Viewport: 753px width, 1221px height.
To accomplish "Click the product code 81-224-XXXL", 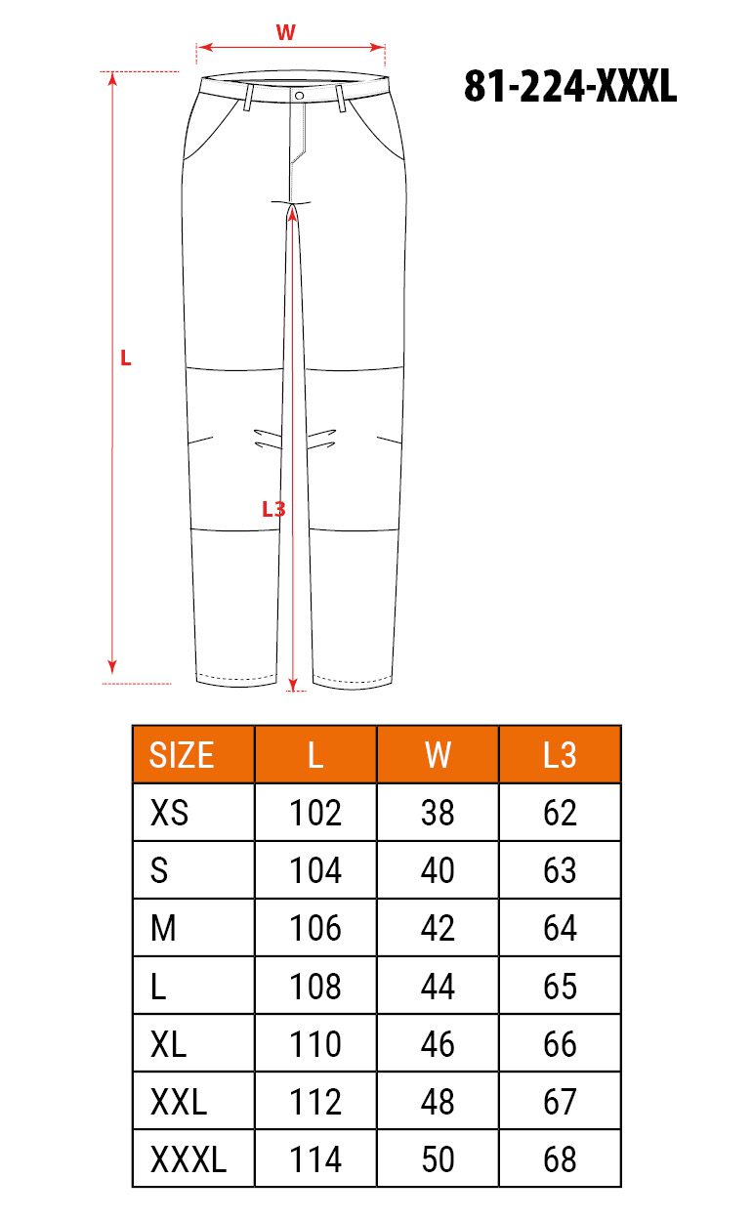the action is [570, 86].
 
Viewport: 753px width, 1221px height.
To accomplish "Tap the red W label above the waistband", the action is [285, 32].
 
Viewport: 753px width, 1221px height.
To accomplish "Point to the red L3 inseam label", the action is [273, 509].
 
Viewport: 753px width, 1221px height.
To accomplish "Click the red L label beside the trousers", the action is [126, 358].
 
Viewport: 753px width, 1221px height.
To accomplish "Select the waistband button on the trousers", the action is [299, 96].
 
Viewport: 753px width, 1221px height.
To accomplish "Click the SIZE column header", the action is [182, 755].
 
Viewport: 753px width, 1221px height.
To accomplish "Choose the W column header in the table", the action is [438, 755].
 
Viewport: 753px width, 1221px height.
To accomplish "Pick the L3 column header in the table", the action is [560, 755].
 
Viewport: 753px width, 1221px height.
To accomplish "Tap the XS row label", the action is [170, 813].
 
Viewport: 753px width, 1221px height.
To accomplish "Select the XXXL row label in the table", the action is [188, 1159].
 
